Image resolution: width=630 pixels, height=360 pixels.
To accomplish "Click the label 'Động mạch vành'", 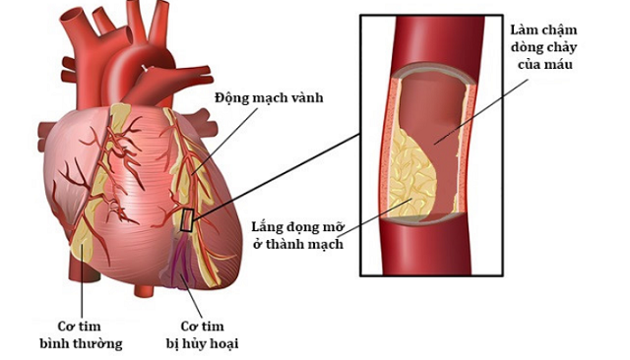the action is (x=269, y=98).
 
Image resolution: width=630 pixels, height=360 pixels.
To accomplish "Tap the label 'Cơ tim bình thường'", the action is (x=81, y=334).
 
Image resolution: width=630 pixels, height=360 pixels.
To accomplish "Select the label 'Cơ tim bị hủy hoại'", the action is (x=202, y=334).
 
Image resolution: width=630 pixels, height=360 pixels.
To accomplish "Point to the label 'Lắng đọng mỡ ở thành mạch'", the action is (x=298, y=235).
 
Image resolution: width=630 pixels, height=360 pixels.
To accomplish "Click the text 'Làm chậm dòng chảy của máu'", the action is (x=543, y=47).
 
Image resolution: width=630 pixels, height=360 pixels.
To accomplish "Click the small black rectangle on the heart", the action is (x=187, y=220).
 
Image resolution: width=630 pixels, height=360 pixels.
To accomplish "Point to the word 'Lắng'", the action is (x=268, y=227).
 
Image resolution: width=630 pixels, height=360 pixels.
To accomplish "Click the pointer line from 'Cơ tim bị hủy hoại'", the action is (x=191, y=296).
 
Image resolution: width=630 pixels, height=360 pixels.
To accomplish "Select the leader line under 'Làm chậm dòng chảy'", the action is (x=481, y=111).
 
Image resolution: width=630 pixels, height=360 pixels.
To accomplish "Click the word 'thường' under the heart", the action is (x=102, y=343).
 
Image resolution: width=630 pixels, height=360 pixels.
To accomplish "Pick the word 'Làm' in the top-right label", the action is (x=523, y=30).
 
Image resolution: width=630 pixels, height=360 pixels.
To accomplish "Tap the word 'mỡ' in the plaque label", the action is (x=334, y=227).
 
